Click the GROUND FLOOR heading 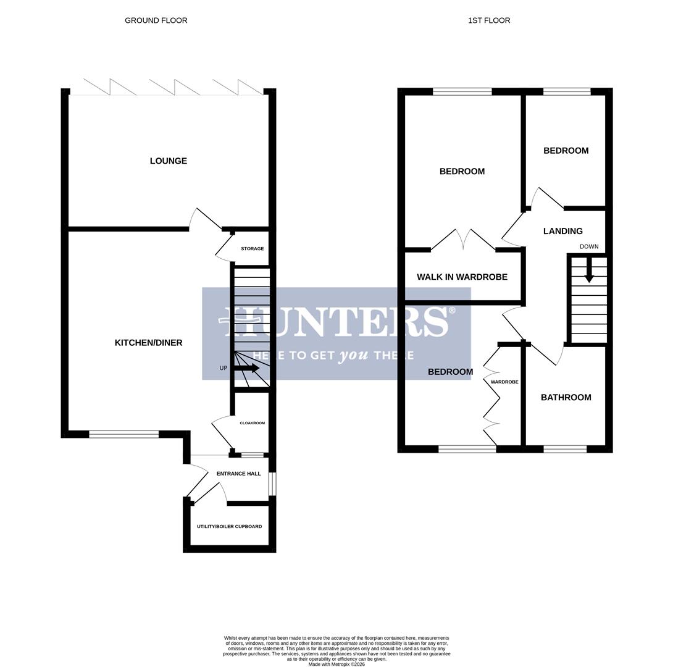156,20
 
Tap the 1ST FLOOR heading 489,20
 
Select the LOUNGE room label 168,161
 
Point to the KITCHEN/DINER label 148,343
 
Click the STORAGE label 252,249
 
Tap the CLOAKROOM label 252,423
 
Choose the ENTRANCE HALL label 238,474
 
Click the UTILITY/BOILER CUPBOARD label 229,527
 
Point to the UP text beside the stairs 224,368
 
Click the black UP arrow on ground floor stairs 247,368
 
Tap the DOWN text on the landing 589,246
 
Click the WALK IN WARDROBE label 462,277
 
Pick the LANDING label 562,232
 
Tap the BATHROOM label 566,398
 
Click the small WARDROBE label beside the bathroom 504,382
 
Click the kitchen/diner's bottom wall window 123,434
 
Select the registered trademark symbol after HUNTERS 452,310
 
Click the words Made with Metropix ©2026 336,665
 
